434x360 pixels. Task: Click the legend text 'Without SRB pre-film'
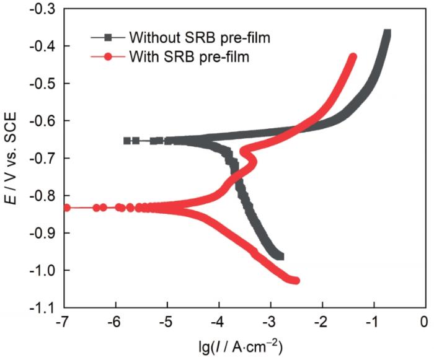pos(200,37)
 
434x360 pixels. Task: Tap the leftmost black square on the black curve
pos(127,141)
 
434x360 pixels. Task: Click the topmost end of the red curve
pos(353,57)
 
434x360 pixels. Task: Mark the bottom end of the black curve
pos(280,256)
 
